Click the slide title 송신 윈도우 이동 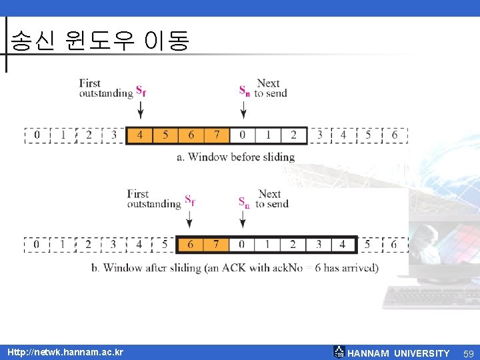pos(100,41)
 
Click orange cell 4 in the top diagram pos(139,135)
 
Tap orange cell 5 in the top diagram pos(165,135)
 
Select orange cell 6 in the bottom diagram pos(190,245)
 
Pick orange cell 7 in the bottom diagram pos(215,245)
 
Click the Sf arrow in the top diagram pos(140,109)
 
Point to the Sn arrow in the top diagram pos(243,109)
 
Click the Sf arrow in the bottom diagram pos(189,219)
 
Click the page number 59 pos(468,353)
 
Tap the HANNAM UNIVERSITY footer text pos(399,353)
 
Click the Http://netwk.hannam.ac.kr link pos(65,351)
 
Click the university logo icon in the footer pos(339,352)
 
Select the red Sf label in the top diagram pos(141,90)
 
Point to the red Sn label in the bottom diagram pos(244,201)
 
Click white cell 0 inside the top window pos(242,135)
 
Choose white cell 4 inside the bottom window pos(343,245)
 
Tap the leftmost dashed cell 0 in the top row pos(37,135)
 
